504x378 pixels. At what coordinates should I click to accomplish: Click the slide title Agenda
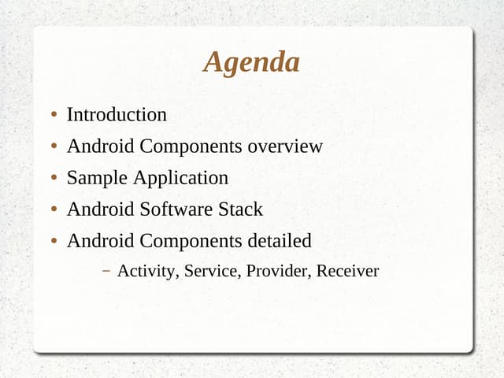click(x=251, y=62)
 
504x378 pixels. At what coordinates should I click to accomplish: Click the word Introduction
click(x=117, y=115)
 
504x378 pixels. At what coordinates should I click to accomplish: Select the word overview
click(x=285, y=146)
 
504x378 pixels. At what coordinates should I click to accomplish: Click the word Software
click(x=176, y=209)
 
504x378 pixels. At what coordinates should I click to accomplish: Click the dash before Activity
click(x=106, y=272)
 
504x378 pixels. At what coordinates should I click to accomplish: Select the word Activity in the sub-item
click(x=148, y=272)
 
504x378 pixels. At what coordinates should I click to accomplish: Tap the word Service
click(x=213, y=272)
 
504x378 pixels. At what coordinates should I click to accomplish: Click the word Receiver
click(x=349, y=272)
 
